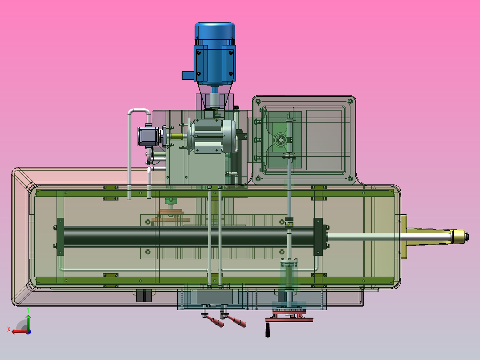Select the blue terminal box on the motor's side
pyautogui.click(x=187, y=75)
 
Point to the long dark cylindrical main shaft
pyautogui.click(x=187, y=235)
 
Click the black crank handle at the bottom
pyautogui.click(x=268, y=330)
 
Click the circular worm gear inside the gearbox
pyautogui.click(x=281, y=139)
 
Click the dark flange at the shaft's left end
pyautogui.click(x=60, y=236)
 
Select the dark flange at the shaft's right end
pyautogui.click(x=318, y=236)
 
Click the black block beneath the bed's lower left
pyautogui.click(x=143, y=296)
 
